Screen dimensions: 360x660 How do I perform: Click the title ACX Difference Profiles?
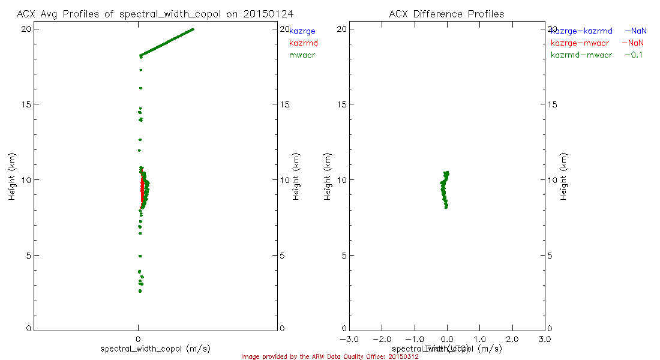point(446,13)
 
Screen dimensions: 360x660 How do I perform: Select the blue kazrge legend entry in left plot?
point(302,31)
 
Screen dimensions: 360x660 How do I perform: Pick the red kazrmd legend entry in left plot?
point(304,43)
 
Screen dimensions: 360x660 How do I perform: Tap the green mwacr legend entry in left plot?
point(302,55)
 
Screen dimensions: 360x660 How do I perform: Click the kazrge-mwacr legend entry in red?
point(581,43)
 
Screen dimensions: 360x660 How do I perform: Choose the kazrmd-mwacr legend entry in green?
point(581,55)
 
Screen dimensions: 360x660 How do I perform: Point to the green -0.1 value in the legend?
point(634,55)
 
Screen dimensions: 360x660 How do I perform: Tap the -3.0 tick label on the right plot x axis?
point(349,340)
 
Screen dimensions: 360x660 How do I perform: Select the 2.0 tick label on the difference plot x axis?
point(512,340)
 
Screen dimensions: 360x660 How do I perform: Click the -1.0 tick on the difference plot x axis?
point(415,340)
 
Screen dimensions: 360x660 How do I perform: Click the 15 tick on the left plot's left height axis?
point(27,104)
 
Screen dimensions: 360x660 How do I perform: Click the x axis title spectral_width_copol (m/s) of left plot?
point(155,349)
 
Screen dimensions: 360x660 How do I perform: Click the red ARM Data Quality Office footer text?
point(329,356)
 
